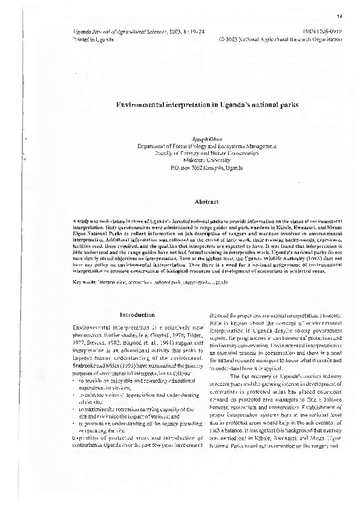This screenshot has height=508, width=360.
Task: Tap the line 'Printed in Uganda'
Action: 89,37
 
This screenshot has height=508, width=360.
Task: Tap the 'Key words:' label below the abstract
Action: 82,282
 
